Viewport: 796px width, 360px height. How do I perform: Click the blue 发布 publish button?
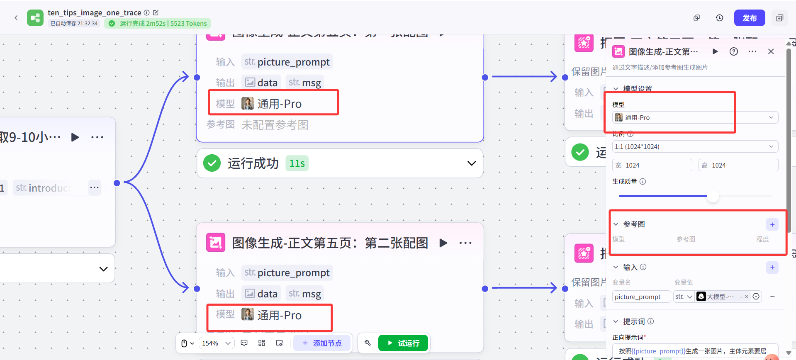tap(749, 18)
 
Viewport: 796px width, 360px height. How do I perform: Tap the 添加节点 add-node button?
tap(322, 343)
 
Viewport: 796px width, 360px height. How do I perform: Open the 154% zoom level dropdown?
tap(216, 343)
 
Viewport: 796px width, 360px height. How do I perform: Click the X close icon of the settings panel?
tap(771, 51)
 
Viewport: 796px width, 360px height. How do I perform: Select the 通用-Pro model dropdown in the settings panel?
tap(695, 117)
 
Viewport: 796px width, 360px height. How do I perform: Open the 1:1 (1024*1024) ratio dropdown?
tap(695, 146)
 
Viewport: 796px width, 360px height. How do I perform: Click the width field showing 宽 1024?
tap(652, 165)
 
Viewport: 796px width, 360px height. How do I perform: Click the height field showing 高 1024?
tap(738, 165)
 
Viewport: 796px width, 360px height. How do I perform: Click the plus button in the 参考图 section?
tap(772, 224)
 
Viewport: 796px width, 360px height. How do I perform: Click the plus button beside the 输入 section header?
tap(772, 267)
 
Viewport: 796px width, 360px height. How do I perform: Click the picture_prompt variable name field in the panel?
tap(641, 297)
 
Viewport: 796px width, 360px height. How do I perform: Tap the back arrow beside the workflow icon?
tap(16, 17)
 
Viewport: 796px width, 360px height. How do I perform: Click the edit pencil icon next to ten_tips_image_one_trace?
tap(156, 13)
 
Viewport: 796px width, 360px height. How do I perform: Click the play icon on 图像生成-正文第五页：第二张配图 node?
tap(443, 243)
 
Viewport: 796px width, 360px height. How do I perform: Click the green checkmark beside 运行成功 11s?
tap(212, 163)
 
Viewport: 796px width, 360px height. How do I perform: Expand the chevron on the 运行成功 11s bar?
tap(471, 163)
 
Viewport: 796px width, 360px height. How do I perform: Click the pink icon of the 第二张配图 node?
tap(216, 243)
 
